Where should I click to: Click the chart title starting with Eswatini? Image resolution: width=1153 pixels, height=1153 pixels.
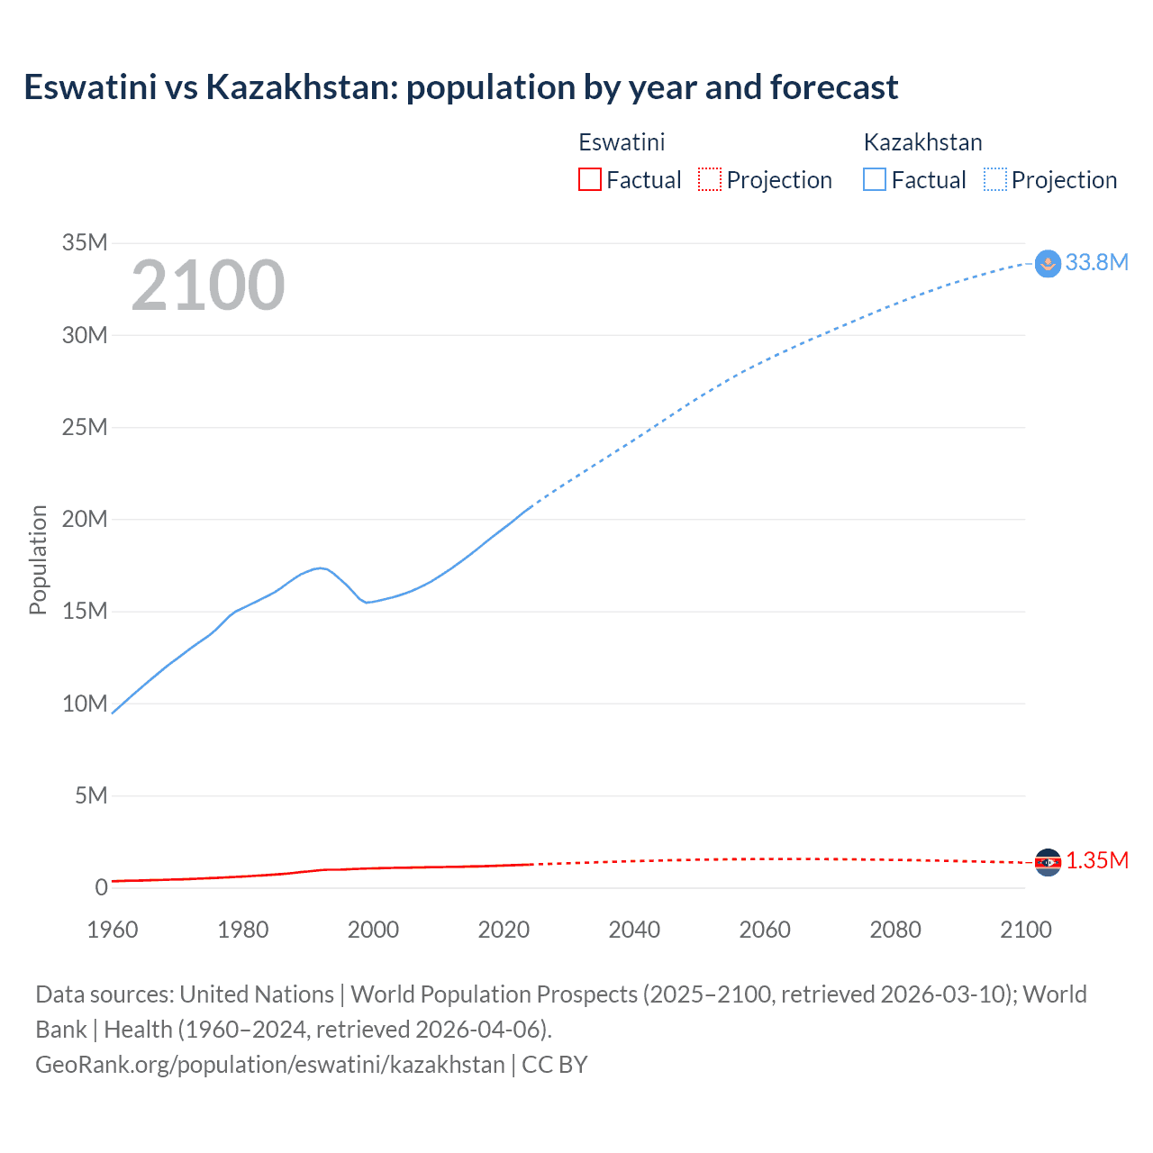click(460, 87)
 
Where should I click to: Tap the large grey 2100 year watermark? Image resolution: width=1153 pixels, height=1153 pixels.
click(208, 286)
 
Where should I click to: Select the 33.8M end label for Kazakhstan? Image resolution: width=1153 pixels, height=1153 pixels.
click(1096, 262)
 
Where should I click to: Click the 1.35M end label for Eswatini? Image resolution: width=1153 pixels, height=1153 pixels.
click(1097, 860)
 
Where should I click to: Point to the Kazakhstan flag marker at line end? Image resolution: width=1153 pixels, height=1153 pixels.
click(1048, 264)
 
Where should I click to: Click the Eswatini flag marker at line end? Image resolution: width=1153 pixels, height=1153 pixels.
click(1048, 862)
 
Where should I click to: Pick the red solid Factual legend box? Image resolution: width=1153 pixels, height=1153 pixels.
click(589, 179)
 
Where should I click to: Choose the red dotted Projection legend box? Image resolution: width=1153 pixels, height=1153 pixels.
click(710, 179)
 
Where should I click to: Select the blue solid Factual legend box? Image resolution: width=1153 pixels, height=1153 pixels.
click(874, 179)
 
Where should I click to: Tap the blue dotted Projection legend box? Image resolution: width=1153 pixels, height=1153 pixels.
click(994, 179)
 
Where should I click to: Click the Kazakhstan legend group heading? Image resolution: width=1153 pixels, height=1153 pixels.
click(922, 142)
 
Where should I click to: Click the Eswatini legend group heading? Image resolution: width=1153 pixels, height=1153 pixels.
click(622, 142)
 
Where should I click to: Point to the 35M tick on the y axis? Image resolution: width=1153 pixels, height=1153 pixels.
click(85, 242)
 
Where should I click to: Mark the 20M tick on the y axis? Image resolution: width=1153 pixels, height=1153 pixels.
click(85, 519)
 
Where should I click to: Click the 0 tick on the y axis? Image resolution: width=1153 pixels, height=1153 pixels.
click(101, 887)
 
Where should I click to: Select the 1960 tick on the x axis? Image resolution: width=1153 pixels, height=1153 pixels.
click(113, 930)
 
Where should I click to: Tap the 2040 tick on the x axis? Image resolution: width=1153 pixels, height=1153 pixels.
click(634, 930)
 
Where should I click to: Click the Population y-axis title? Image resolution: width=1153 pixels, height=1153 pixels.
click(38, 559)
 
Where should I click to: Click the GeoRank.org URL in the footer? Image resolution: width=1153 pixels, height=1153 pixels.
click(270, 1065)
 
